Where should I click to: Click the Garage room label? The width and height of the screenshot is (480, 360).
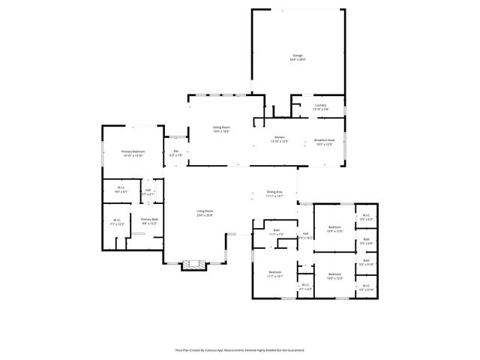(298, 58)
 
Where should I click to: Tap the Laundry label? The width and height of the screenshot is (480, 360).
(320, 107)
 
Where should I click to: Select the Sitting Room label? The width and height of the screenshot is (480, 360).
(220, 129)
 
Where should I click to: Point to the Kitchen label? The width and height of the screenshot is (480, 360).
(279, 139)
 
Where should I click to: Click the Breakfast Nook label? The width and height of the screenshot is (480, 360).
(323, 142)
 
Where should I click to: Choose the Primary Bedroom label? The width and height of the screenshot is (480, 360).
(133, 153)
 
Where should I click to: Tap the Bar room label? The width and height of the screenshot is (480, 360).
(176, 153)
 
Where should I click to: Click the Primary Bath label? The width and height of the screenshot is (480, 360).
(149, 221)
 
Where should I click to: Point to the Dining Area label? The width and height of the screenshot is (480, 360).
(274, 193)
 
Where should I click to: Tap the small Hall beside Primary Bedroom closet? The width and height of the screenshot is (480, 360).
(148, 191)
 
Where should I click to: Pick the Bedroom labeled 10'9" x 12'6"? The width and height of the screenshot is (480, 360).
(334, 229)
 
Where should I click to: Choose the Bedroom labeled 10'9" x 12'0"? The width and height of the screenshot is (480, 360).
(334, 275)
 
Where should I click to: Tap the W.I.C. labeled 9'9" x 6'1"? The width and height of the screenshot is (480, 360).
(121, 190)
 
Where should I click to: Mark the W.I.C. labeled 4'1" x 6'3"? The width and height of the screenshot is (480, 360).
(305, 286)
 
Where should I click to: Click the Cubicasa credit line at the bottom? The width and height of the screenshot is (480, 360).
(240, 349)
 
